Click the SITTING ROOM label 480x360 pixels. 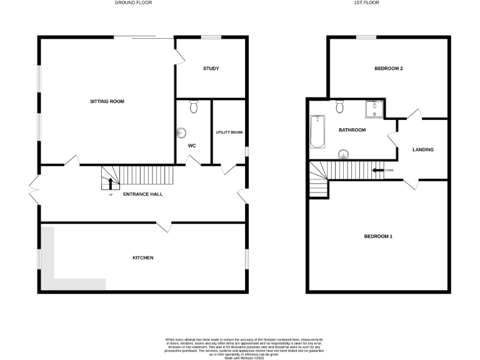click(x=107, y=101)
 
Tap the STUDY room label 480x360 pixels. click(x=211, y=68)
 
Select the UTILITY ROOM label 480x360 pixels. click(x=229, y=132)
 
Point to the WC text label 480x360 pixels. click(x=192, y=146)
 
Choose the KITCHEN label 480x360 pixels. click(x=142, y=257)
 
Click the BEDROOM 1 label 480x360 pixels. click(x=378, y=236)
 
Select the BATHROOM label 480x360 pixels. click(x=352, y=130)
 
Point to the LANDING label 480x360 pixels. click(x=423, y=149)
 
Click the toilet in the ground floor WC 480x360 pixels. click(x=193, y=107)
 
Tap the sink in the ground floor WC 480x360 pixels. click(x=182, y=132)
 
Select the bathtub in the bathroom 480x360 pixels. click(x=317, y=132)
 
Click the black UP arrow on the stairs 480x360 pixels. click(x=111, y=182)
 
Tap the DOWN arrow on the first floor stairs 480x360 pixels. click(x=378, y=170)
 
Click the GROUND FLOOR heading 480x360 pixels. click(x=133, y=2)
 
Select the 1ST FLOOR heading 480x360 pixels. click(x=367, y=2)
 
